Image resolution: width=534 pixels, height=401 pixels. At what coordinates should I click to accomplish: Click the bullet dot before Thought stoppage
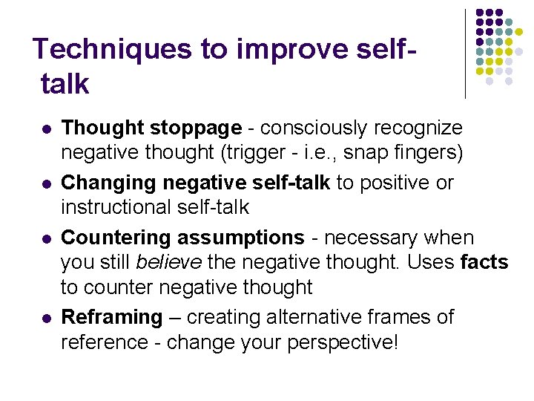pyautogui.click(x=46, y=129)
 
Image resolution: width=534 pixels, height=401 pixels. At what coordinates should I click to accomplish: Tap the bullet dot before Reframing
pyautogui.click(x=46, y=318)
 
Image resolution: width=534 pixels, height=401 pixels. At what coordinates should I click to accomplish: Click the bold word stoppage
pyautogui.click(x=196, y=128)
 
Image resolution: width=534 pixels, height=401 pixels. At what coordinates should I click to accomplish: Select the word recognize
pyautogui.click(x=423, y=128)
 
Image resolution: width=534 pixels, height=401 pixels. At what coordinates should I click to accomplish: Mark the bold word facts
pyautogui.click(x=484, y=262)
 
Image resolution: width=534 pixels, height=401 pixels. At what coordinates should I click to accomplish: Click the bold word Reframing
pyautogui.click(x=111, y=317)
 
